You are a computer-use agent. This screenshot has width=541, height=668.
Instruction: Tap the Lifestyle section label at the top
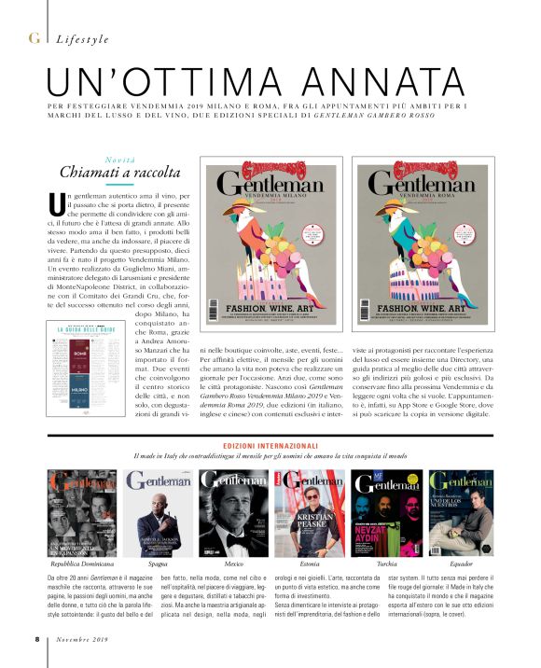pyautogui.click(x=82, y=39)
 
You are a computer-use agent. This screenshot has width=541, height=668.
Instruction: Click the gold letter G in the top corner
pyautogui.click(x=34, y=38)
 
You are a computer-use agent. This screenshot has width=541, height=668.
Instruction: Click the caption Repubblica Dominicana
pyautogui.click(x=82, y=564)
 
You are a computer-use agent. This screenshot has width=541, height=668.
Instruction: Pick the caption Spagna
pyautogui.click(x=159, y=564)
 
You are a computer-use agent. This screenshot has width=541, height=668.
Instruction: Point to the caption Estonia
pyautogui.click(x=312, y=564)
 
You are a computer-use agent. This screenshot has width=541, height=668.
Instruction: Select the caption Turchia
pyautogui.click(x=390, y=564)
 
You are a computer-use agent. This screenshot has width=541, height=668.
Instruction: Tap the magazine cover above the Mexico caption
pyautogui.click(x=234, y=514)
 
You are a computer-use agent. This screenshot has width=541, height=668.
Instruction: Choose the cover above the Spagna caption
pyautogui.click(x=159, y=514)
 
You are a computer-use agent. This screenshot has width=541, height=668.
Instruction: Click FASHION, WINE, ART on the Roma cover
pyautogui.click(x=438, y=305)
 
